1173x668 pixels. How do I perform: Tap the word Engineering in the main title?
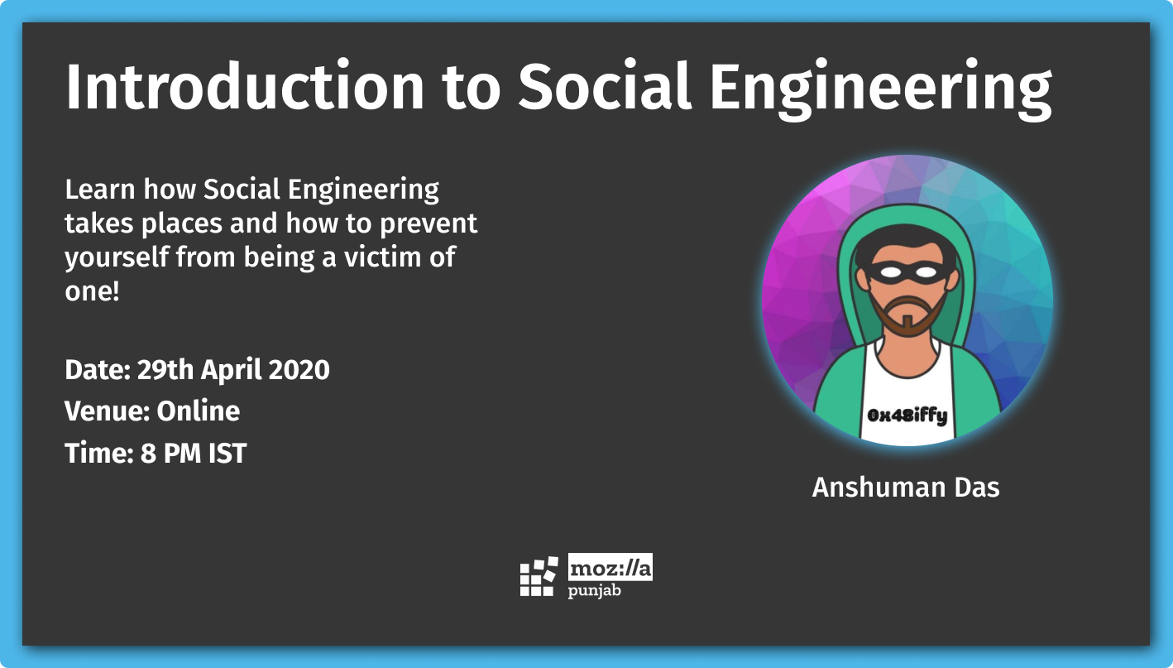coord(880,90)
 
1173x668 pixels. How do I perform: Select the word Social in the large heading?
coord(605,85)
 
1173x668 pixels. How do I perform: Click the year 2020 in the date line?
coord(299,370)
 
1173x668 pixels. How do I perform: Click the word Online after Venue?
coord(199,411)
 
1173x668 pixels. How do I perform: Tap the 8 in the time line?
coord(148,453)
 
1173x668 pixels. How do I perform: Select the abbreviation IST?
coord(227,453)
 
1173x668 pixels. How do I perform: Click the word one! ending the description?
coord(92,291)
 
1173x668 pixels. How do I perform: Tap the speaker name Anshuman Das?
coord(906,488)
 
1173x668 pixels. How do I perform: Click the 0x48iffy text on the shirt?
coord(907,416)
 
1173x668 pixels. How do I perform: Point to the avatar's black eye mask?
coord(907,272)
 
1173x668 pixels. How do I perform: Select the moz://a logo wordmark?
coord(610,567)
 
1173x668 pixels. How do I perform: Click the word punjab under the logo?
coord(594,591)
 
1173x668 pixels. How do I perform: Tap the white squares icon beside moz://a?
coord(539,576)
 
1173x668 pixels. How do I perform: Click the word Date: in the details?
coord(98,370)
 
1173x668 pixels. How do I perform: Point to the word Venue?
coord(108,411)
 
